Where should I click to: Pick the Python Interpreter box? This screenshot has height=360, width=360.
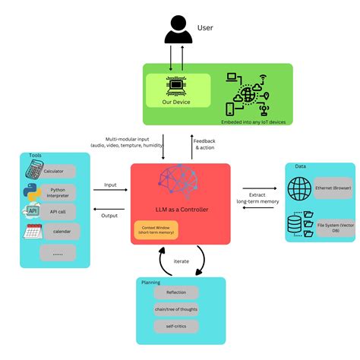(x=59, y=191)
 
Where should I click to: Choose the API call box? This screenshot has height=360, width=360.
(x=58, y=211)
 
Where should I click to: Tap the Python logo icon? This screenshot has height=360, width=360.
(x=32, y=191)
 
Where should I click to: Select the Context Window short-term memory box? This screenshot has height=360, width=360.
(x=156, y=229)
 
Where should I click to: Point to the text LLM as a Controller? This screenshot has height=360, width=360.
(x=180, y=209)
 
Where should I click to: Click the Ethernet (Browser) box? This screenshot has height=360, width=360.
(x=325, y=188)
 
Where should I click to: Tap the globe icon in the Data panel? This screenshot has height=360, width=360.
(x=299, y=188)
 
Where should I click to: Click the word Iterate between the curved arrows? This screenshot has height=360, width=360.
(x=181, y=261)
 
